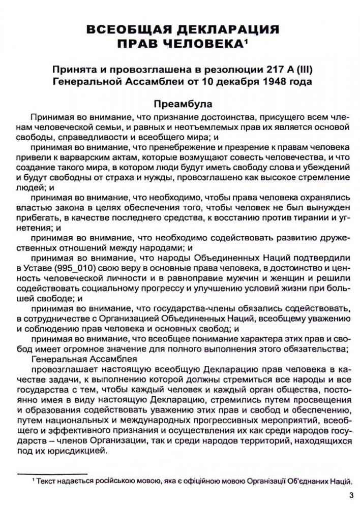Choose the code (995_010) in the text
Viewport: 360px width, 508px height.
[64, 268]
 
